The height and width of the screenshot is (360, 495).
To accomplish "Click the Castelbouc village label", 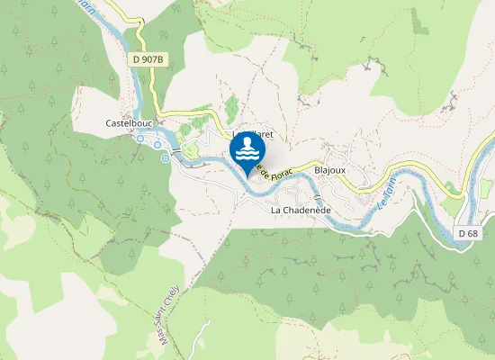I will pyautogui.click(x=126, y=122).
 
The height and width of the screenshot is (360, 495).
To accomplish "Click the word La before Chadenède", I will pyautogui.click(x=277, y=210).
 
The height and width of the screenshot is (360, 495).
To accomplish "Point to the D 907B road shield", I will pyautogui.click(x=148, y=59).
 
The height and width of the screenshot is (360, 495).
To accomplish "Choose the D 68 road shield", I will pyautogui.click(x=467, y=233).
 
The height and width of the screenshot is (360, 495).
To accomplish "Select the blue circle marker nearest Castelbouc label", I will pyautogui.click(x=141, y=139).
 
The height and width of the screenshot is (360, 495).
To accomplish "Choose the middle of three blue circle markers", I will pyautogui.click(x=157, y=144).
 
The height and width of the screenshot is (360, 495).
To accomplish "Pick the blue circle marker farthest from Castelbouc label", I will pyautogui.click(x=166, y=158).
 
